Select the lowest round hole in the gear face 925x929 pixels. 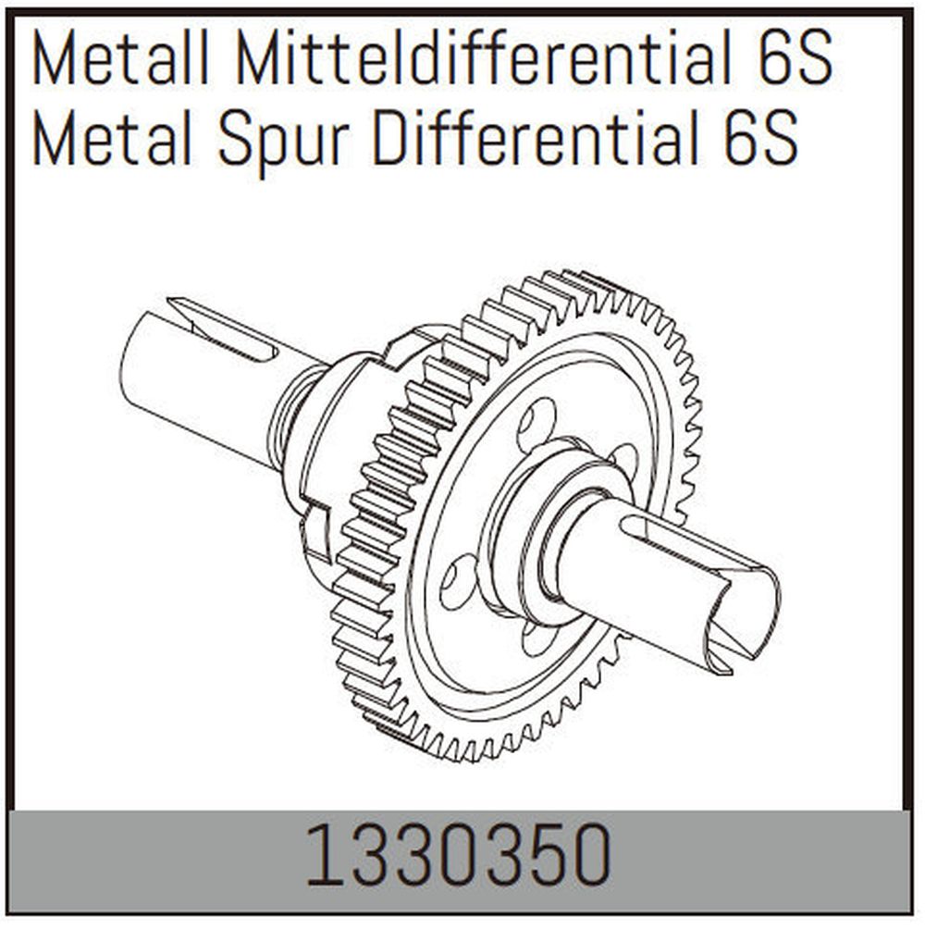click(x=534, y=638)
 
